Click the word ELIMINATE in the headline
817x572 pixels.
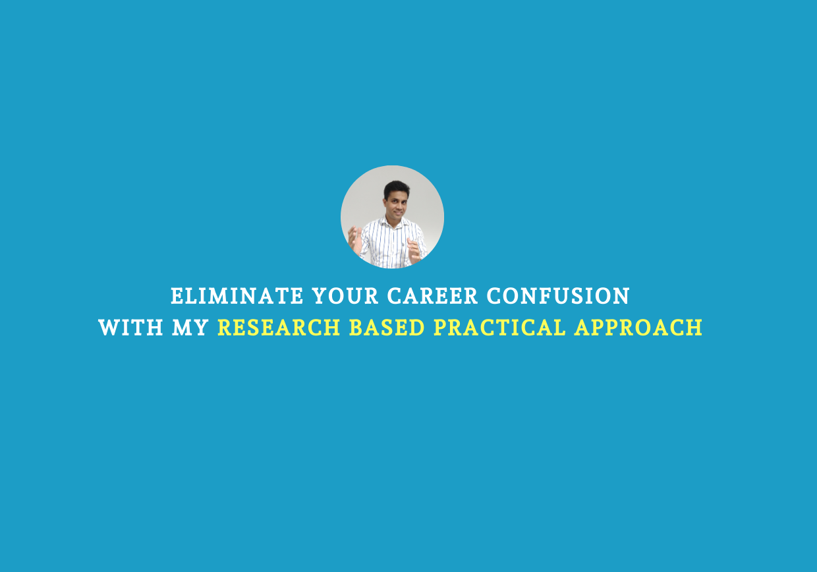237,296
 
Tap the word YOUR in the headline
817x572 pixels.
345,296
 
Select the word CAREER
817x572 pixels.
432,296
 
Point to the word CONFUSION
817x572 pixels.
558,296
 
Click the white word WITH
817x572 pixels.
130,328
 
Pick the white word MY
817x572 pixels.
190,328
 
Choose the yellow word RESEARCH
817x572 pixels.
279,328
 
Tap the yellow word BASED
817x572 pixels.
387,328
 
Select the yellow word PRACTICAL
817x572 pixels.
499,328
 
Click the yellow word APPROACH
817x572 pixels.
638,328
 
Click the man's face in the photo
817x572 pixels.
396,204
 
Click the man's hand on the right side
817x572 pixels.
414,251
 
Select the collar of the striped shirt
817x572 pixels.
394,223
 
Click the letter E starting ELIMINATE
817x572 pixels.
177,296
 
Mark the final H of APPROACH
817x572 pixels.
694,328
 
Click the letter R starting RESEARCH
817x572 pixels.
225,328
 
